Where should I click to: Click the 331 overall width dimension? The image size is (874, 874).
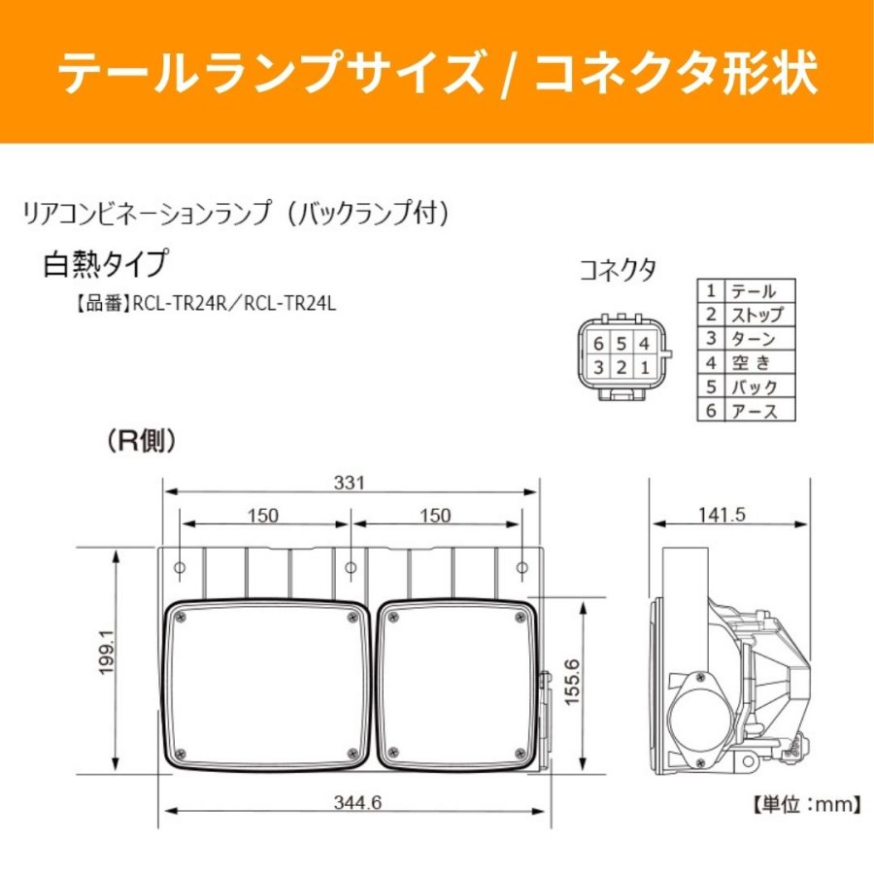[349, 482]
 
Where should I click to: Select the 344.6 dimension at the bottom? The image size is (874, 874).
[357, 802]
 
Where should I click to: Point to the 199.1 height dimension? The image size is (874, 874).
[106, 653]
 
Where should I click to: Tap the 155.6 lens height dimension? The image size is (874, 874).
[572, 682]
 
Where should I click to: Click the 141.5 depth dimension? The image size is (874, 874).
[722, 515]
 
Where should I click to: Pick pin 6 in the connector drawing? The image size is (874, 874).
[598, 344]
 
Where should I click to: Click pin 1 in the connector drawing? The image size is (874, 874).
[645, 367]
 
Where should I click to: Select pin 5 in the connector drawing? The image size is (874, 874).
[622, 344]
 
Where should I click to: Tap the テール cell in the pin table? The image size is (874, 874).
[753, 291]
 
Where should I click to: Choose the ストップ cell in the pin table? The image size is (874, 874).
[757, 315]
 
